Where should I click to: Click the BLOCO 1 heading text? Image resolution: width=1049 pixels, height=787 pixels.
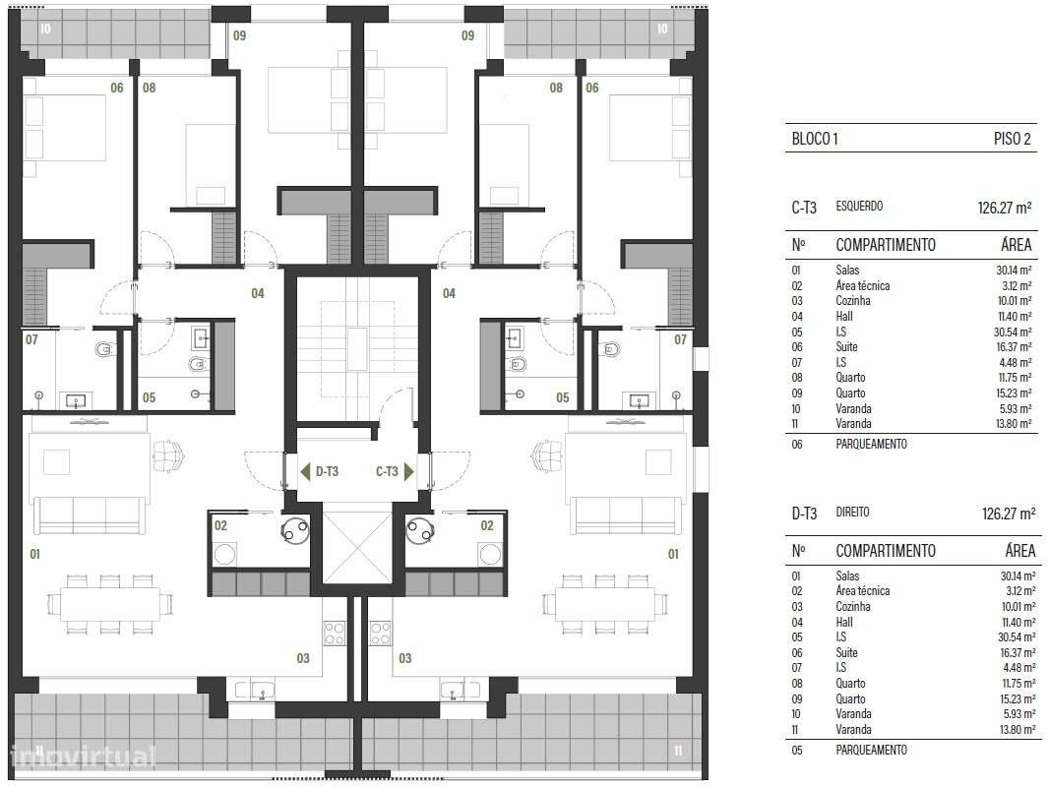tap(815, 139)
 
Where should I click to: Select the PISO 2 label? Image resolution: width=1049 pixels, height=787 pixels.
tap(1013, 139)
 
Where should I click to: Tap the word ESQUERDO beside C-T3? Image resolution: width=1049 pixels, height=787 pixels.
tap(859, 207)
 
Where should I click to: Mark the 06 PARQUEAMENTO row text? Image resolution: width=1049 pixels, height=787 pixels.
tap(870, 444)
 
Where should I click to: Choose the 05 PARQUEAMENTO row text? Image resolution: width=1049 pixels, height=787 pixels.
tap(870, 750)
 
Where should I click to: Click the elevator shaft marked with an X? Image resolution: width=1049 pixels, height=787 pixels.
tap(356, 546)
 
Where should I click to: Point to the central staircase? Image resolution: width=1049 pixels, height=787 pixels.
tap(356, 348)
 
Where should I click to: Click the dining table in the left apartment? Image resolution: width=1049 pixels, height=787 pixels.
tap(109, 603)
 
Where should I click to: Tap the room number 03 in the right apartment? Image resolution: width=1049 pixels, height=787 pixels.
tap(404, 658)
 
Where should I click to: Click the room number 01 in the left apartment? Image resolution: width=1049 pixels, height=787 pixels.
tap(34, 554)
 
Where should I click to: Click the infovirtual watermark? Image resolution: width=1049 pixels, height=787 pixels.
tap(84, 757)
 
